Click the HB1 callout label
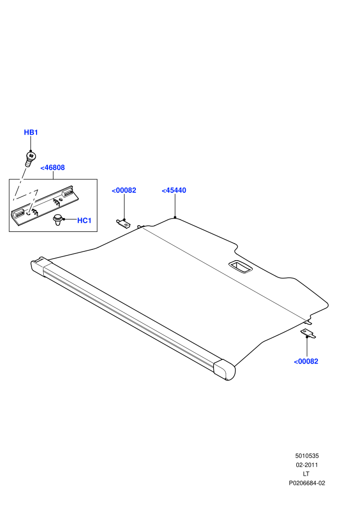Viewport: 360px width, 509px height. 31,133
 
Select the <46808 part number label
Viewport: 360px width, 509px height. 52,168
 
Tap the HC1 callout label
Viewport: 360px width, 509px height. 84,221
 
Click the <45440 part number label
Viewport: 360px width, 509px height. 174,191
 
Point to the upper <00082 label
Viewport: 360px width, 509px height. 124,191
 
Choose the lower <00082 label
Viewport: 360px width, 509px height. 306,361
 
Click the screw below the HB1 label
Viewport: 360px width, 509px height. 30,159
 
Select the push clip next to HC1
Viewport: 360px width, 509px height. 58,220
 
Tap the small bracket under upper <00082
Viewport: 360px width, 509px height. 123,223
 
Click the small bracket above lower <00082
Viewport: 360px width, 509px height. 308,333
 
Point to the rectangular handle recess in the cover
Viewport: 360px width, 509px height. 241,266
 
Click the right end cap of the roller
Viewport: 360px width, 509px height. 224,370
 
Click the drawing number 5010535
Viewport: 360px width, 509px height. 307,456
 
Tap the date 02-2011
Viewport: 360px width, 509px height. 307,465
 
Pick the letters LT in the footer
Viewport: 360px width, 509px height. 306,474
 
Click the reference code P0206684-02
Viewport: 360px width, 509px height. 307,483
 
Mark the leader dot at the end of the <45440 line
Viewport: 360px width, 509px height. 175,217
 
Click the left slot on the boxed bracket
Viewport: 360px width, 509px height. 19,213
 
